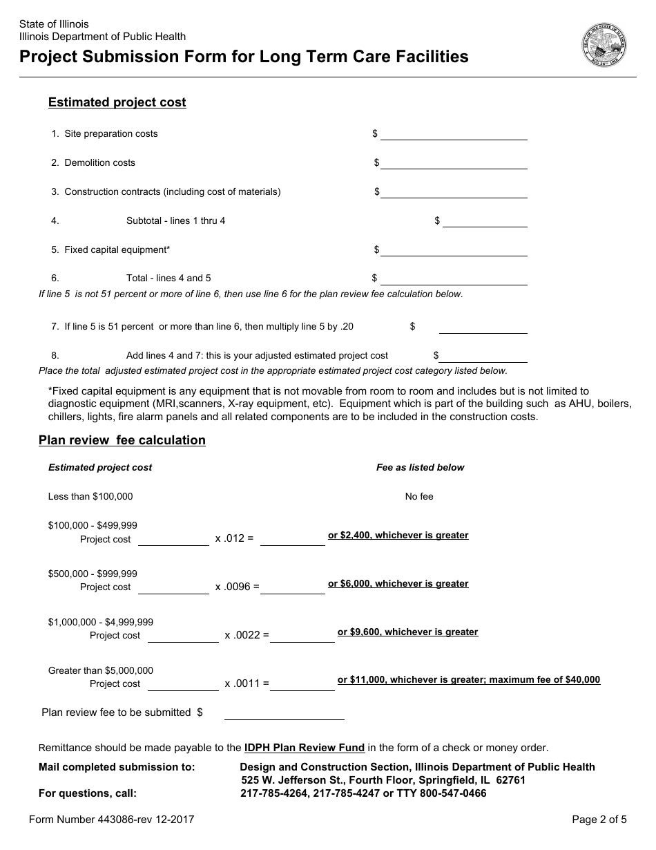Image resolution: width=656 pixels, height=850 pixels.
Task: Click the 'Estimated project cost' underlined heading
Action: point(117,102)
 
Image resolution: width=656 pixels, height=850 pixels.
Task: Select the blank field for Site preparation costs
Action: point(454,133)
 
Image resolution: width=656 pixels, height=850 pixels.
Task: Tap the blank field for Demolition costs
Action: point(454,162)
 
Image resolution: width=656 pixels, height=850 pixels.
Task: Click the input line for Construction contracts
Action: point(454,191)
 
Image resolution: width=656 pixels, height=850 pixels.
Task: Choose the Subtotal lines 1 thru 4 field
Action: point(485,220)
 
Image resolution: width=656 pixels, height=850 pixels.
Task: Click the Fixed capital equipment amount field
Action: point(454,249)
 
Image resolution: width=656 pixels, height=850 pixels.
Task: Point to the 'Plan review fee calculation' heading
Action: point(122,440)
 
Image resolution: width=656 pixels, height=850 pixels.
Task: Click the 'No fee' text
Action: point(419,496)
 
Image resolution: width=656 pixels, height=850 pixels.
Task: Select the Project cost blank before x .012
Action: point(173,539)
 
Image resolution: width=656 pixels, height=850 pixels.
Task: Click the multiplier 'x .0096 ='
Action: point(237,587)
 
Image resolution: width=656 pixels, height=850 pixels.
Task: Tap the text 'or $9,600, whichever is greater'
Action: point(407,632)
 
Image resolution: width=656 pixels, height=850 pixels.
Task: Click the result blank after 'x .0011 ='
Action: point(302,683)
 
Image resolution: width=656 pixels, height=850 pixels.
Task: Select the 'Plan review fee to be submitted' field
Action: point(284,712)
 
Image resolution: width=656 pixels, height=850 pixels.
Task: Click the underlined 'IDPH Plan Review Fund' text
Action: point(305,747)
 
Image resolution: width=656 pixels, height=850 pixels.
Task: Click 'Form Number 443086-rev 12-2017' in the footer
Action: point(111,820)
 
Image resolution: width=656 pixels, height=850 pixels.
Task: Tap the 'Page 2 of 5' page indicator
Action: point(599,820)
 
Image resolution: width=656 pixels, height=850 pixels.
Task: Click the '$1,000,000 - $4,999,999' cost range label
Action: point(101,622)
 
